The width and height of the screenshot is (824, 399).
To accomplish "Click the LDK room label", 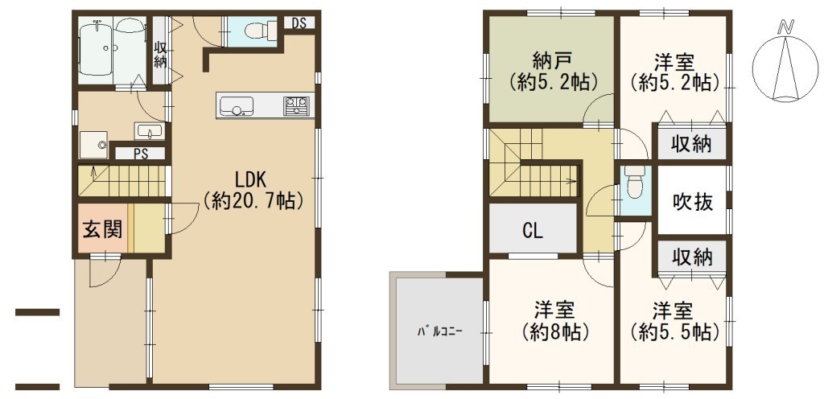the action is (x=252, y=180).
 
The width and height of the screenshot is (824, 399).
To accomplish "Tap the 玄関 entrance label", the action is (x=102, y=229).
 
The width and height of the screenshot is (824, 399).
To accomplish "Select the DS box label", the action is (x=299, y=23).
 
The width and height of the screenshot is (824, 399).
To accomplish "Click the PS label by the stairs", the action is (x=140, y=154).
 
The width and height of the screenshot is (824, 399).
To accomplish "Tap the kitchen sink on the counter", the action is (x=237, y=106).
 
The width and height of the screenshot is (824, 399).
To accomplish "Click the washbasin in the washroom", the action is (x=150, y=131).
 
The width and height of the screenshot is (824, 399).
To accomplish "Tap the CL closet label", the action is (x=533, y=231).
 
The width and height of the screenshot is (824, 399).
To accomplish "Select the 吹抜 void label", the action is (x=693, y=201).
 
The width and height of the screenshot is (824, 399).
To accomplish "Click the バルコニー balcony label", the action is (x=440, y=331).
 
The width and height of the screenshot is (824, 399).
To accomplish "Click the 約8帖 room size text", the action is (x=554, y=331).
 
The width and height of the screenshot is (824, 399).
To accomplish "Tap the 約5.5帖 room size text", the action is (x=675, y=331).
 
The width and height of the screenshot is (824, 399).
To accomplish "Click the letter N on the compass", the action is (x=786, y=27).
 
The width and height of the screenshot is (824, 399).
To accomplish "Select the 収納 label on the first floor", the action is (x=160, y=54).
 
